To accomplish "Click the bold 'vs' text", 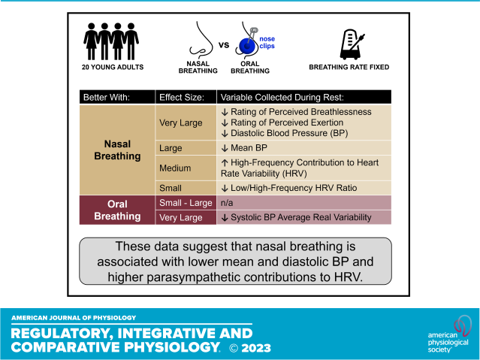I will [223, 46].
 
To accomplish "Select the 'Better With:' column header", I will [107, 97].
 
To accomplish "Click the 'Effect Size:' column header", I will [182, 97].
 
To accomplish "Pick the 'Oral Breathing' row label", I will [116, 210].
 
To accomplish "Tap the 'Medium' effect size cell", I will [175, 168].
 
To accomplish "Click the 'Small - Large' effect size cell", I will [183, 202].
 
